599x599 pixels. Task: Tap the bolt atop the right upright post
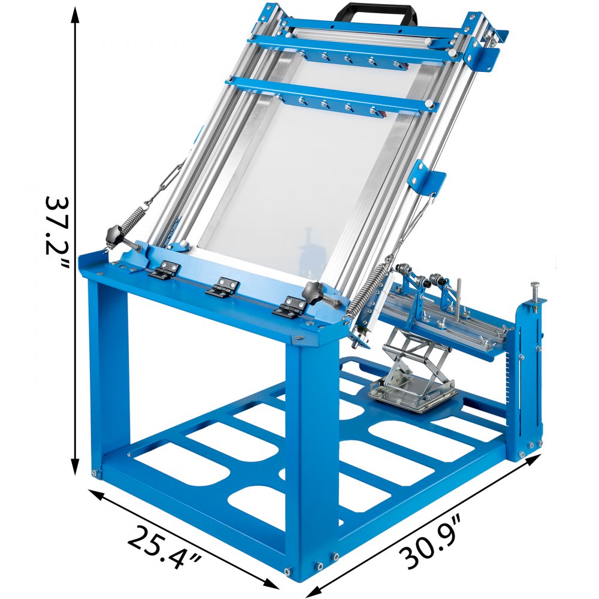(x=535, y=288)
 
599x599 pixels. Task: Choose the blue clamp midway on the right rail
(x=428, y=178)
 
